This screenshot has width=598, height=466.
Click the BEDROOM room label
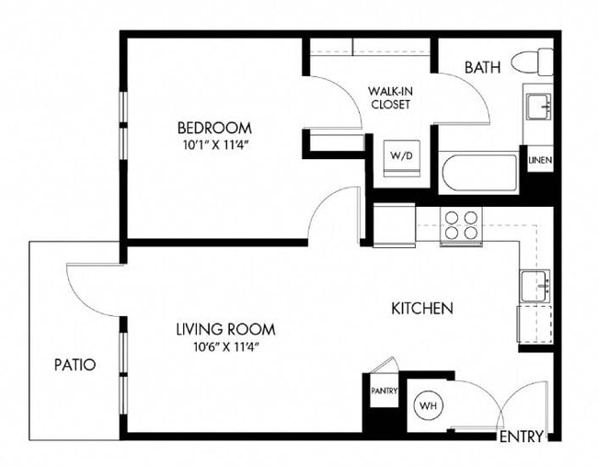(x=214, y=128)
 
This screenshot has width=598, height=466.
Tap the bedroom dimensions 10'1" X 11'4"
(x=214, y=144)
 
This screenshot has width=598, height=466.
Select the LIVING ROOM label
(x=225, y=329)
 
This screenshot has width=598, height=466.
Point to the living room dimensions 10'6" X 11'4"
(x=225, y=347)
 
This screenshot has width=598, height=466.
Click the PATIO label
(x=74, y=365)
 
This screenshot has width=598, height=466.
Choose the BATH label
(x=482, y=67)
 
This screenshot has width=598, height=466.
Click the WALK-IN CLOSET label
(x=389, y=97)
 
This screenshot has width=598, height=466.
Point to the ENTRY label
(x=521, y=437)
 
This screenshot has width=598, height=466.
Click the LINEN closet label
(x=539, y=161)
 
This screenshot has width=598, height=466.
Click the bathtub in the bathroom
(x=478, y=173)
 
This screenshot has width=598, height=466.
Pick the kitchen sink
(x=535, y=286)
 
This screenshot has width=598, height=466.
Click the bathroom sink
(x=537, y=106)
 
